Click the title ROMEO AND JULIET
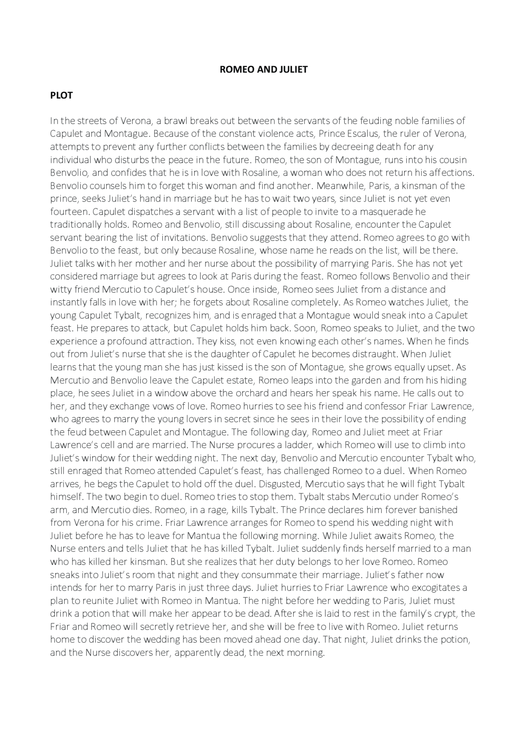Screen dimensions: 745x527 tap(263, 69)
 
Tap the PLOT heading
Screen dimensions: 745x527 tap(61, 95)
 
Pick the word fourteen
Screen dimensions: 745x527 tap(70, 211)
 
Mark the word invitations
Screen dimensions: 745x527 tap(183, 237)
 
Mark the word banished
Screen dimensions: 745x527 tap(438, 510)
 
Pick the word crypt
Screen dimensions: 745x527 tap(444, 613)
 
